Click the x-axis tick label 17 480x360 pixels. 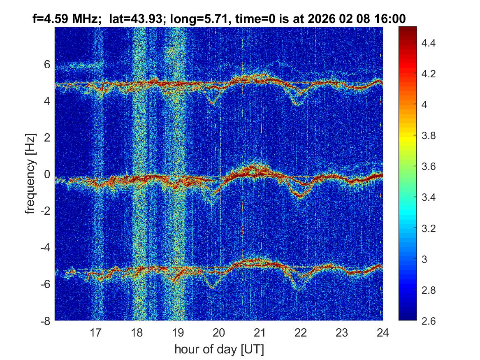(x=96, y=332)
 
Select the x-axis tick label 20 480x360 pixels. (x=219, y=332)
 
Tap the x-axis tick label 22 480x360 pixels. (x=301, y=332)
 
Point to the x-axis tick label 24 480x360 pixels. (x=383, y=332)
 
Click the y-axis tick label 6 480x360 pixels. (x=47, y=64)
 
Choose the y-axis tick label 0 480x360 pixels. (x=47, y=174)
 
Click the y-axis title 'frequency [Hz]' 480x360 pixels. (x=30, y=174)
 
